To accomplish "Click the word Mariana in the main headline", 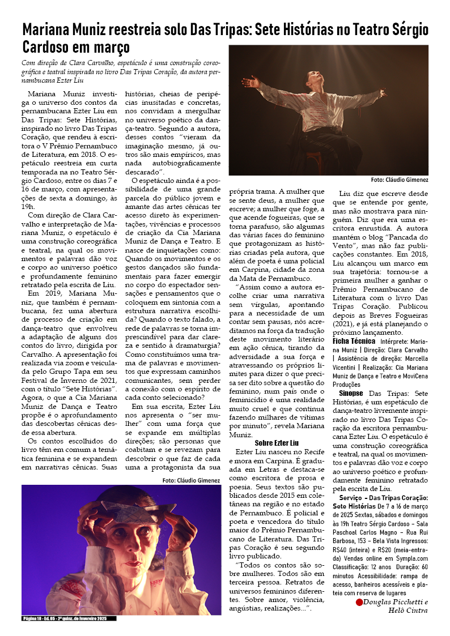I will click(48, 29).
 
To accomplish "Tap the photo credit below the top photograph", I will click(399, 180).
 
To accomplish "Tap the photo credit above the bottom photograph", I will click(191, 480).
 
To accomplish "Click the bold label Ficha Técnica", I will click(353, 342).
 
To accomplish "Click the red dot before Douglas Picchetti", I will click(359, 602).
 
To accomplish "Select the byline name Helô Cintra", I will click(409, 611).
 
